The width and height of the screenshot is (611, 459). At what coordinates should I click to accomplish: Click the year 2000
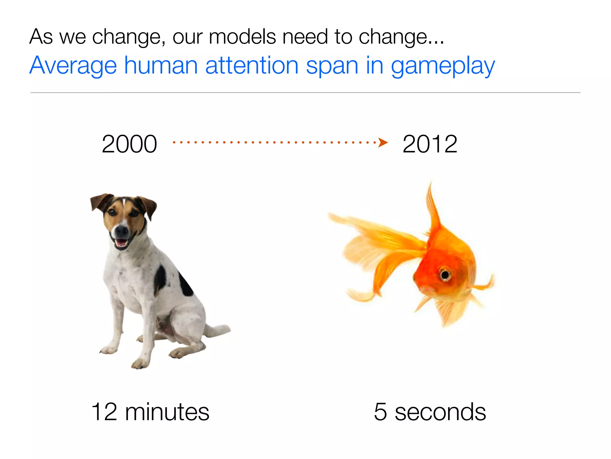click(129, 144)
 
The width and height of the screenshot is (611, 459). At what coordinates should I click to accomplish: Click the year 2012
click(430, 144)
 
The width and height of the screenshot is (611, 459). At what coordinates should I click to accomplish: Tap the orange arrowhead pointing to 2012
click(383, 142)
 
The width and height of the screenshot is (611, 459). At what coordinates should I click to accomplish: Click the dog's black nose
click(121, 230)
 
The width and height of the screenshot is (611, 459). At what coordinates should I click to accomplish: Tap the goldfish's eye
click(445, 274)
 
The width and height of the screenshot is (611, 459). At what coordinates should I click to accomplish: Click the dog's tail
click(217, 330)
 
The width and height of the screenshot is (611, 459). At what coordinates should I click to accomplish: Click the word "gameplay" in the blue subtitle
click(443, 66)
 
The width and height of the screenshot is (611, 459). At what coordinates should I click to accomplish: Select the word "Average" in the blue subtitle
click(73, 66)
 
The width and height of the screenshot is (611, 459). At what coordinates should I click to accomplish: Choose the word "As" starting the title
click(41, 37)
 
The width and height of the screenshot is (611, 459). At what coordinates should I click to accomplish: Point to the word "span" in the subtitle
click(332, 66)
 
